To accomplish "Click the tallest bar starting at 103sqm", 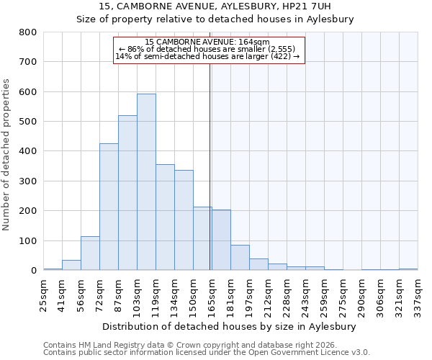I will (x=146, y=182).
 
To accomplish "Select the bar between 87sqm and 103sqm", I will (x=127, y=193).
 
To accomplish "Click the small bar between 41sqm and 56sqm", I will (x=71, y=265).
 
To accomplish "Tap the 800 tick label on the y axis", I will (x=27, y=32).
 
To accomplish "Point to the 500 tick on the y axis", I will (x=27, y=122).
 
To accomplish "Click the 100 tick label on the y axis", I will (x=27, y=241).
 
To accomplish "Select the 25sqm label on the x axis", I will (x=43, y=293).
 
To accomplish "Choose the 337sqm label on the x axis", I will (x=418, y=293).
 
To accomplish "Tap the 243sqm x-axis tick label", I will (x=305, y=293).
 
